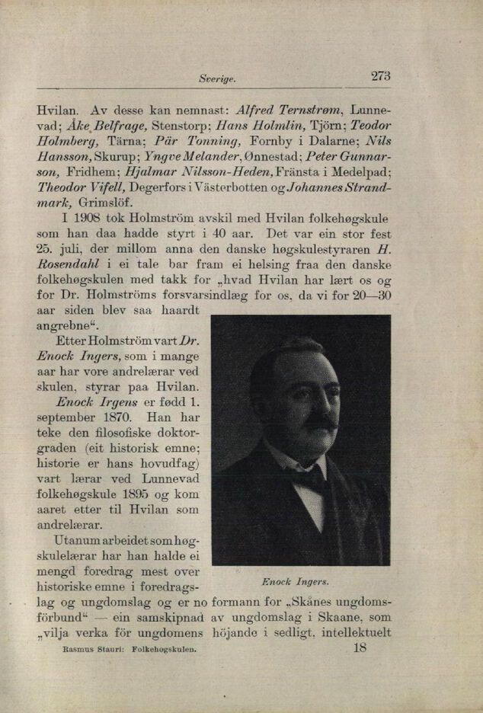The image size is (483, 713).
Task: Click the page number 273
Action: [380, 75]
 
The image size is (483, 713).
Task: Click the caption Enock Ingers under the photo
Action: [295, 582]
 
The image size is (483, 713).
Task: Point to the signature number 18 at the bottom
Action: [360, 650]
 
